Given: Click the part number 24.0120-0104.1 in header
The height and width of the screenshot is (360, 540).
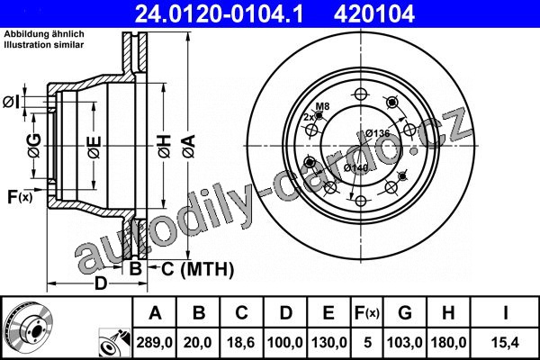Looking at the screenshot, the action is [219, 13].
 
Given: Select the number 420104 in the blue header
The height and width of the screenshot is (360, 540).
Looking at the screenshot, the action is [374, 13].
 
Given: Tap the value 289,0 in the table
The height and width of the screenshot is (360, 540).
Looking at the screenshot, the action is [154, 342].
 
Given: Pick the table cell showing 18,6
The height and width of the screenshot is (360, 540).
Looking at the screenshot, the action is [240, 342].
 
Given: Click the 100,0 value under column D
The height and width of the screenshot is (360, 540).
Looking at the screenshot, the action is [285, 342].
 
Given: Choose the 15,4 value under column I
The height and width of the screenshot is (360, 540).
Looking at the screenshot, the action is [505, 342].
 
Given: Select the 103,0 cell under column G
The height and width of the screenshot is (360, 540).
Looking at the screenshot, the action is [405, 342].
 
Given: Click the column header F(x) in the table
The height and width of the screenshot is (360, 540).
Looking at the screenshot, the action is [367, 313].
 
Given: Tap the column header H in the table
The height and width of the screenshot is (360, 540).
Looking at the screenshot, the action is [448, 313].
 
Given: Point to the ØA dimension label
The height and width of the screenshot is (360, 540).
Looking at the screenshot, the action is [189, 146].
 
